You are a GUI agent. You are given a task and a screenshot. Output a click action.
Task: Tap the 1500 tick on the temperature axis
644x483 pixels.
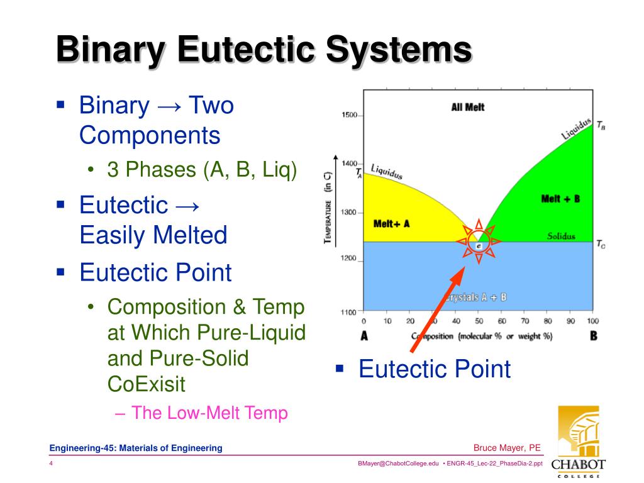click(x=348, y=115)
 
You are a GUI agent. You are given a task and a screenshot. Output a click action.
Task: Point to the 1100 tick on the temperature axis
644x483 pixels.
click(x=348, y=311)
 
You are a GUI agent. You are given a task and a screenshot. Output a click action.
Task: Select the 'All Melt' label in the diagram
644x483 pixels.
click(x=468, y=108)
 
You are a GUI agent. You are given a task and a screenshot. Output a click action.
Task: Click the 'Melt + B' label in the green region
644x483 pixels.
click(x=560, y=199)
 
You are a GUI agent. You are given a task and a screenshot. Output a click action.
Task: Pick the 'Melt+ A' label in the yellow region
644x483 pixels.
click(x=391, y=223)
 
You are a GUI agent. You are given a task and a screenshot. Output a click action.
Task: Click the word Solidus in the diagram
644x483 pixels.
click(x=560, y=236)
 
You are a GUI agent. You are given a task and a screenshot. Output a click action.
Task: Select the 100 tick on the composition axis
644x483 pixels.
click(x=592, y=321)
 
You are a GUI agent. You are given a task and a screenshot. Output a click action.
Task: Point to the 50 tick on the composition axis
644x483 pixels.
click(x=479, y=321)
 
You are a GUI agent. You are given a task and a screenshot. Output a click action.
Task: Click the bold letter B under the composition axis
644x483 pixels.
click(x=593, y=336)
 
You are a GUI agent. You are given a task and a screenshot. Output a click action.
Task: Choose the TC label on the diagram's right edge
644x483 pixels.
click(x=601, y=244)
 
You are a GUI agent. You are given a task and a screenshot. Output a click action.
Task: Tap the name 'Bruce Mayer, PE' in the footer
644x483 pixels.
click(x=507, y=448)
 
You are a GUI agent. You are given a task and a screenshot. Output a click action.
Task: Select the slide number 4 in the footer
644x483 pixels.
click(x=51, y=464)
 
